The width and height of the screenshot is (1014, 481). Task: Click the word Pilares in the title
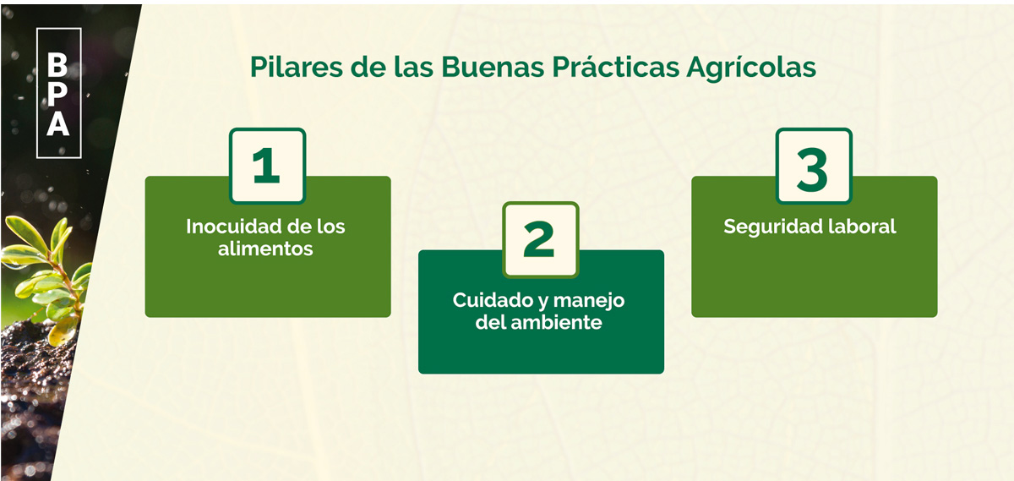click(296, 67)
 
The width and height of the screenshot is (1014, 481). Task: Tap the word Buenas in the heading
click(493, 67)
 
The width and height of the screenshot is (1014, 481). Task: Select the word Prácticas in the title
click(616, 66)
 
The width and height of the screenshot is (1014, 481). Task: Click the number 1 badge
click(268, 166)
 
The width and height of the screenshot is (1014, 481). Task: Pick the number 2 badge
click(541, 239)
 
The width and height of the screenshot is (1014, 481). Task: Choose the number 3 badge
click(814, 166)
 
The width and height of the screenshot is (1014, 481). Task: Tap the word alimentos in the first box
click(265, 249)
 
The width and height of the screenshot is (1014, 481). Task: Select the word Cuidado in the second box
click(492, 300)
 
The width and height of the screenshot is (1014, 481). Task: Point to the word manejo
click(589, 302)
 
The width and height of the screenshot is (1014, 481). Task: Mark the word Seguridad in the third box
click(772, 227)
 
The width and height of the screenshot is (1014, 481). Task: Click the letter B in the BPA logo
click(57, 64)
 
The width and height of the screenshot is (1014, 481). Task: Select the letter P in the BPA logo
click(57, 94)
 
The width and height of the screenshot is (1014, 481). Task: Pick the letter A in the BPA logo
click(58, 123)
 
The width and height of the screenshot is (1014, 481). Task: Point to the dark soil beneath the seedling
click(32, 385)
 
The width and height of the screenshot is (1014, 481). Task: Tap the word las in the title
click(413, 66)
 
